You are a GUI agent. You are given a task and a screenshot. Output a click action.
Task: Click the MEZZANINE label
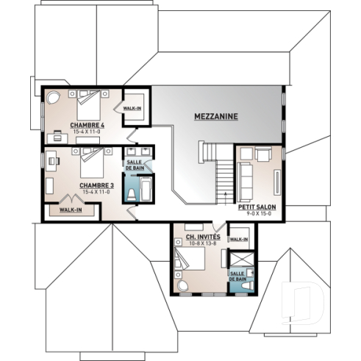point(216,116)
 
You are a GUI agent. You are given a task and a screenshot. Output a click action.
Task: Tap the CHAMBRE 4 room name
point(87,125)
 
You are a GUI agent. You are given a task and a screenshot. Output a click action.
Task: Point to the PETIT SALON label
point(257,207)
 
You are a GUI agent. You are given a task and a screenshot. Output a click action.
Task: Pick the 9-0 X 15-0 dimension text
point(257,215)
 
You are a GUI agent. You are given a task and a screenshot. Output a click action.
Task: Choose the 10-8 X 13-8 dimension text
point(199,243)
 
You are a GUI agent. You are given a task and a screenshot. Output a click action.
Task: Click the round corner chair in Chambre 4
point(54,97)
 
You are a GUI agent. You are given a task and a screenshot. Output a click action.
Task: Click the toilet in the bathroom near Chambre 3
point(132,194)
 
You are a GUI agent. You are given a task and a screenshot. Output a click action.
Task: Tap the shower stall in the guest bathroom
point(240,262)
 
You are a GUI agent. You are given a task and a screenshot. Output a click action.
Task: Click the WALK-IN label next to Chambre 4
point(133,108)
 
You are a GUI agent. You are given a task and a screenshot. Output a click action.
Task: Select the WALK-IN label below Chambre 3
point(71,210)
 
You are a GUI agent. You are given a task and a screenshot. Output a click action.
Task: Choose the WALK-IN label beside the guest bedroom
point(239,239)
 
